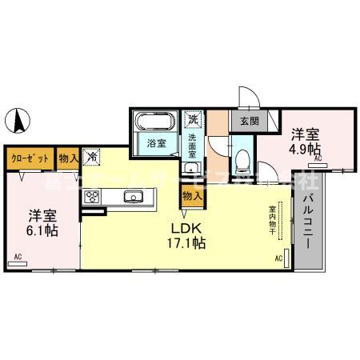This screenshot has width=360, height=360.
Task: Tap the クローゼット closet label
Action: pos(30,158)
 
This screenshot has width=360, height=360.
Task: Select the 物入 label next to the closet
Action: pos(69,158)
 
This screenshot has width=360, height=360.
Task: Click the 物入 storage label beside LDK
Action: pos(192,194)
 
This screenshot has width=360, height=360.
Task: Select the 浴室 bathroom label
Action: pos(156,144)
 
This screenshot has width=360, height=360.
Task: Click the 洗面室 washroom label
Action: pos(193,145)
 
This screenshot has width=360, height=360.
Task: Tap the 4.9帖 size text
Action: pos(305,149)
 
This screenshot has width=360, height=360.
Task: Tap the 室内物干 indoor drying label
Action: pos(272,222)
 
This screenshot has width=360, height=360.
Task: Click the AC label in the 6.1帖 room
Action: pos(18,257)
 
